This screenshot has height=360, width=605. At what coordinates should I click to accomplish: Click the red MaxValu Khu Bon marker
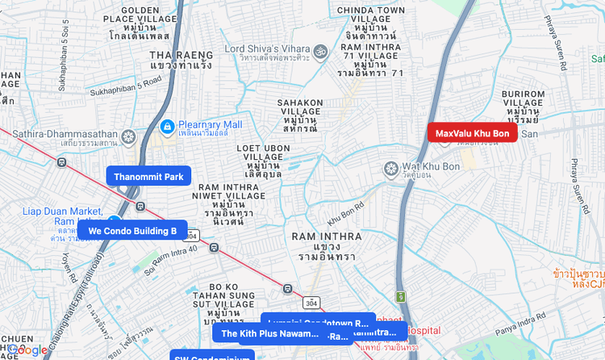pyautogui.click(x=472, y=133)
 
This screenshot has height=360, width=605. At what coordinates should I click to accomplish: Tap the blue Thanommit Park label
pyautogui.click(x=148, y=177)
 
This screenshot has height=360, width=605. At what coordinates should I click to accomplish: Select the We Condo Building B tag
pyautogui.click(x=132, y=231)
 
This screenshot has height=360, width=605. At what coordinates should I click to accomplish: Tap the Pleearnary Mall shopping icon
pyautogui.click(x=168, y=126)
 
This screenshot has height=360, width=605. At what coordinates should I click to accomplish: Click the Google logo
pyautogui.click(x=27, y=350)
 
